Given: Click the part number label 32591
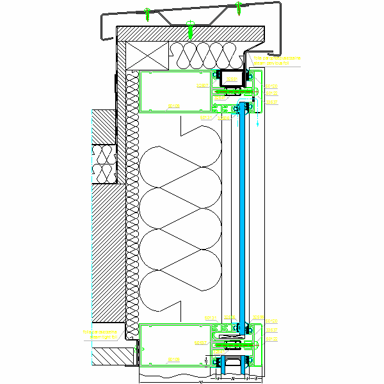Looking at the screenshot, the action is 232,79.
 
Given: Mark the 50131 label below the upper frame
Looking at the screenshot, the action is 206,117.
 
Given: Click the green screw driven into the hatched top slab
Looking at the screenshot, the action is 190,26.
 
